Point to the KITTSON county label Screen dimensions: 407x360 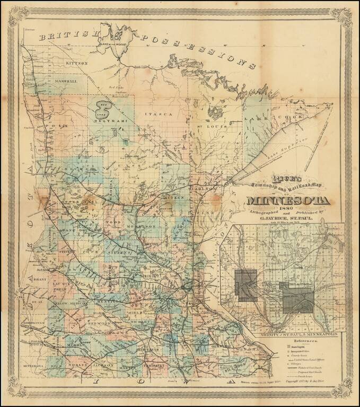pyautogui.click(x=76, y=63)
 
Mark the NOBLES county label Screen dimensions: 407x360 pyautogui.click(x=76, y=366)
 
